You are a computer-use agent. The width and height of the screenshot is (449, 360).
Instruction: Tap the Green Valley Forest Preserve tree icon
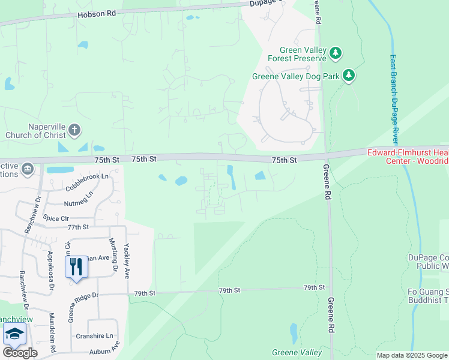[336, 54]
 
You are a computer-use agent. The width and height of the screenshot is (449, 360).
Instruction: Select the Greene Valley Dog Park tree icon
[349, 76]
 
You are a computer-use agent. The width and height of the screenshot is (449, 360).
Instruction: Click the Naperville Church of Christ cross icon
[74, 130]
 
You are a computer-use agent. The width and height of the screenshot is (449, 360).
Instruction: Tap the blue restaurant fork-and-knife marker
[76, 266]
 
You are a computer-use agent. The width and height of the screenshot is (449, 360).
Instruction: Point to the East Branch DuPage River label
[394, 100]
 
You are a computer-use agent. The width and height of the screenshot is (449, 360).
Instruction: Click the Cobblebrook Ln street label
[88, 176]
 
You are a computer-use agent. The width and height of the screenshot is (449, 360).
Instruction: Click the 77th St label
[78, 227]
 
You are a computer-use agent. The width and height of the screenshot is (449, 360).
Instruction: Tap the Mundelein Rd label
[52, 332]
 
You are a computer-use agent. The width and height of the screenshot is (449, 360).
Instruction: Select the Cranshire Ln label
[95, 337]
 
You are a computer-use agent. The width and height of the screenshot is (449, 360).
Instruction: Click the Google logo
[20, 353]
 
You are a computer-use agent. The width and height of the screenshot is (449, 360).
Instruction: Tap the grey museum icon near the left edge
[27, 170]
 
